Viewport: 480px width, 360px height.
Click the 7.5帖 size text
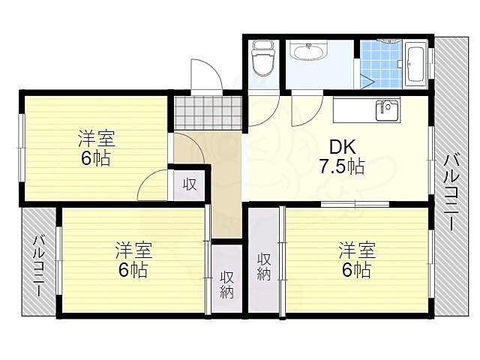click(342, 166)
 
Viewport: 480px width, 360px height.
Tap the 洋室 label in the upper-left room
click(97, 139)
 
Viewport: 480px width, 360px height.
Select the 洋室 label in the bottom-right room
click(355, 248)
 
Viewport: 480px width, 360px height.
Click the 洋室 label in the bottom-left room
click(133, 248)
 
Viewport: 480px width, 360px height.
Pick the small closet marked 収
click(190, 183)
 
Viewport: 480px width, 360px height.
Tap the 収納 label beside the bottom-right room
click(263, 266)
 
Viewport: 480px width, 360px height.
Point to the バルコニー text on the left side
click(40, 266)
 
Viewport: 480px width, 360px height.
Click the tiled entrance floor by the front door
click(208, 112)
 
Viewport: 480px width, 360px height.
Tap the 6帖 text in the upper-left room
click(96, 159)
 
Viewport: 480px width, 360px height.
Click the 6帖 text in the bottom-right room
click(355, 269)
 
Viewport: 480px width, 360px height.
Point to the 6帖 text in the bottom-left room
click(133, 269)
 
